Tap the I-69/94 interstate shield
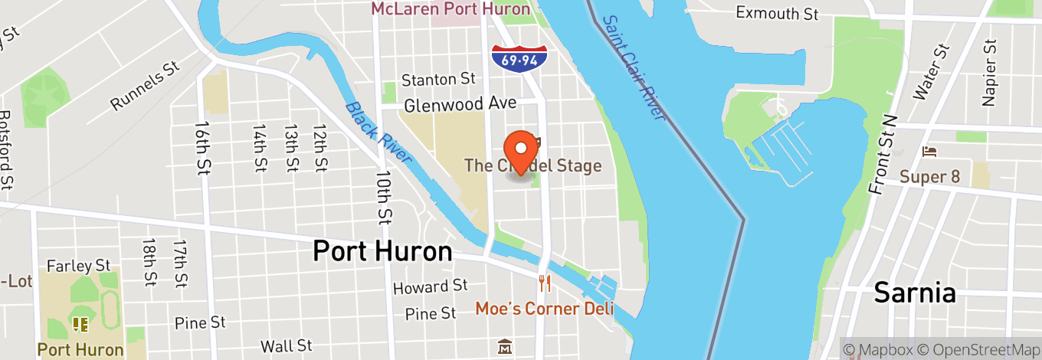click(519, 57)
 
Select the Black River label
click(378, 133)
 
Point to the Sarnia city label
click(915, 293)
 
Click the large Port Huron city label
click(382, 251)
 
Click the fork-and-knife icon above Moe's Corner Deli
click(545, 283)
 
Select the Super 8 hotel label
click(929, 177)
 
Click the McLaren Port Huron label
click(451, 9)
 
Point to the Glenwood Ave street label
click(460, 104)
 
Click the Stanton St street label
click(438, 80)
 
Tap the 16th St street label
click(203, 146)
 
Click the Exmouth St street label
click(777, 13)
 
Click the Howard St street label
click(430, 287)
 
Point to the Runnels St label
click(145, 87)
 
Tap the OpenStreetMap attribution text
click(976, 349)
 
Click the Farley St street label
click(79, 266)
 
